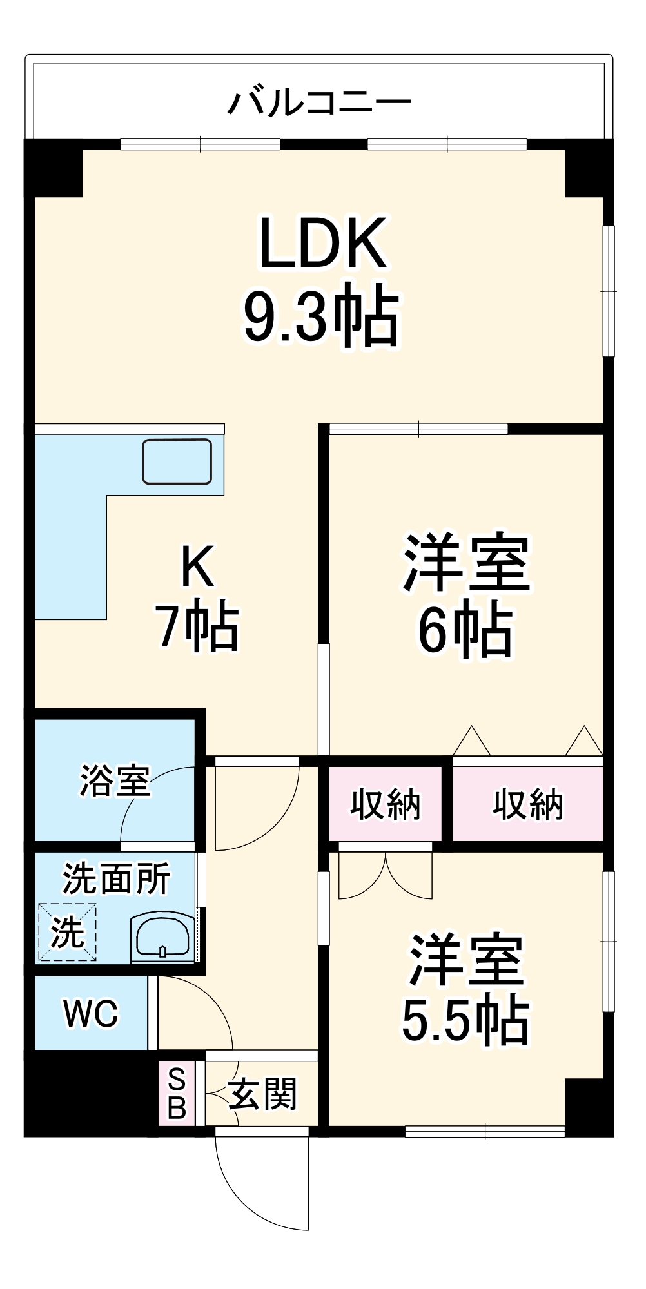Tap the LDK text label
(323, 243)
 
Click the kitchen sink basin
(177, 461)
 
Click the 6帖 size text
(465, 630)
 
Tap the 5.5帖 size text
(465, 1021)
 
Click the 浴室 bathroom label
(115, 780)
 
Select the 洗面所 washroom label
(116, 878)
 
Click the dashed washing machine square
(67, 932)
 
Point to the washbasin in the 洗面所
(162, 937)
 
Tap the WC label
(91, 1014)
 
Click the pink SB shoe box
(177, 1094)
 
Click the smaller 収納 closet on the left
(386, 804)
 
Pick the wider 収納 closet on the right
(528, 804)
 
